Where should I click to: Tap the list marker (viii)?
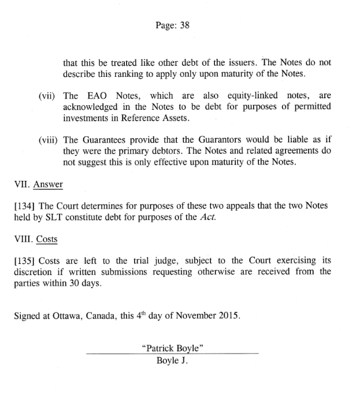pos(46,140)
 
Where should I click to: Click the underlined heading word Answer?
pos(48,185)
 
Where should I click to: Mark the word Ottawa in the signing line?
pos(75,317)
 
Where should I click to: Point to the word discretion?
pos(35,272)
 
